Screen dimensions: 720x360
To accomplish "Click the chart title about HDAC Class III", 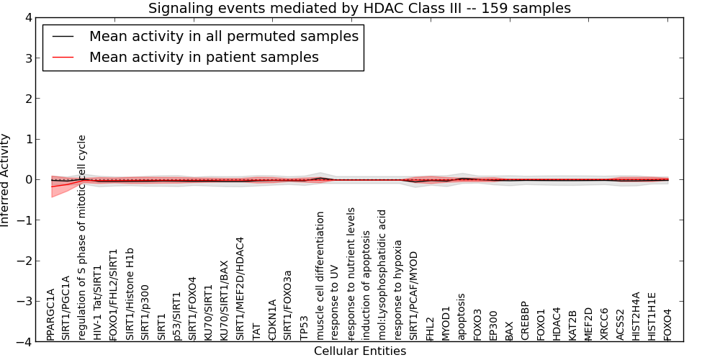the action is (359, 8).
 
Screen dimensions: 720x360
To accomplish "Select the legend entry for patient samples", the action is (204, 57).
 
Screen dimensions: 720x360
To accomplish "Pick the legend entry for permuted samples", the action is (224, 36).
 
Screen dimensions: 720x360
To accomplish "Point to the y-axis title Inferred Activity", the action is (5, 180).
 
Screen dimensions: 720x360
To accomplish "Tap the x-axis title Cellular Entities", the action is (360, 351).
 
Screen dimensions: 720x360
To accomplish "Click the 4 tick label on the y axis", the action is (29, 18).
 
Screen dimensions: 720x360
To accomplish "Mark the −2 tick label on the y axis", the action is (24, 261).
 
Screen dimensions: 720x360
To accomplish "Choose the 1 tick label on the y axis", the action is (29, 139).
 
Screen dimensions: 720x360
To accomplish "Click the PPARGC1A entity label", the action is (50, 315).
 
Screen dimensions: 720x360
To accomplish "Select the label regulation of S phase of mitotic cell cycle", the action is (82, 238).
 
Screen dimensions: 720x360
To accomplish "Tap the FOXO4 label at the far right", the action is (667, 325).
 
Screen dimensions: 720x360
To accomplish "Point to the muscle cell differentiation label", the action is (320, 276).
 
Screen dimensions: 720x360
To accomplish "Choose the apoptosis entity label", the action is (462, 318).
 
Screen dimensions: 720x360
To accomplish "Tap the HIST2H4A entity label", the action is (636, 316).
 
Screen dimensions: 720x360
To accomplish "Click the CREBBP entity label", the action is (525, 321).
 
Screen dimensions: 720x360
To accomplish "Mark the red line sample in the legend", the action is (63, 58).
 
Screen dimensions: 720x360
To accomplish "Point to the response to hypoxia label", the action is (399, 290).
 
